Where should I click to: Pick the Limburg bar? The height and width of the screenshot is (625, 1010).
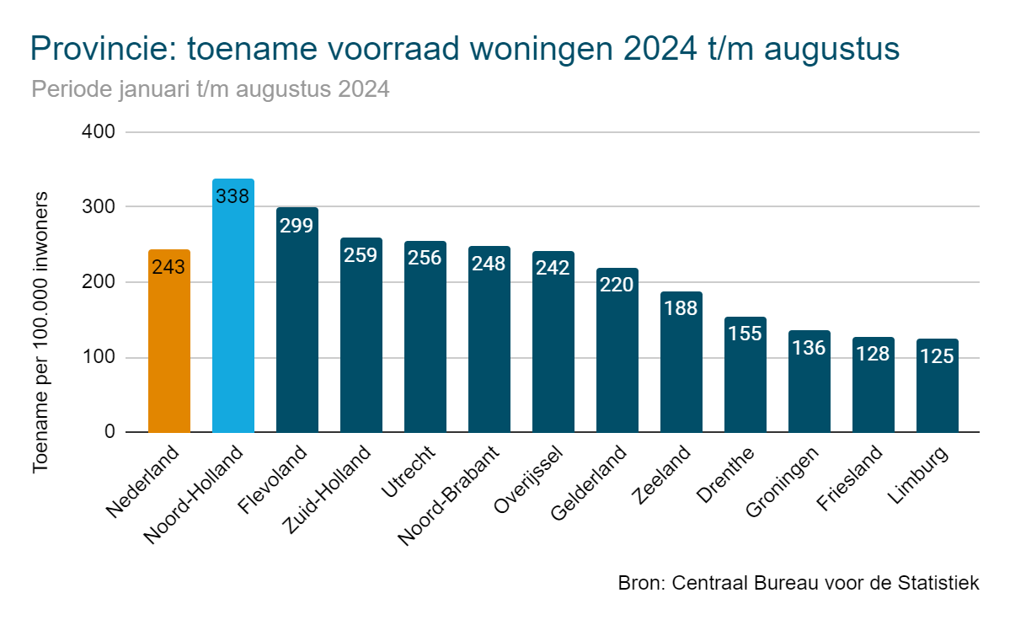pos(938,396)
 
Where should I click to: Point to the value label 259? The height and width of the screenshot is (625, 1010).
pos(361,254)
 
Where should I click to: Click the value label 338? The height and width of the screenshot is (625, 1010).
pos(232,196)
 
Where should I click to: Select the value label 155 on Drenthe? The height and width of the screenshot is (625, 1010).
pos(745,333)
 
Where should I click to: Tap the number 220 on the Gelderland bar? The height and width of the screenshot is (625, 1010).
pos(617,284)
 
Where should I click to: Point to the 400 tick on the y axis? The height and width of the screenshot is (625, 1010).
pos(99,132)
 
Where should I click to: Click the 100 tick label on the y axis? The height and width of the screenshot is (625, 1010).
pos(99,358)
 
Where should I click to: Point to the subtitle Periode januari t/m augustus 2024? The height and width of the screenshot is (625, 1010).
pos(210,89)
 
